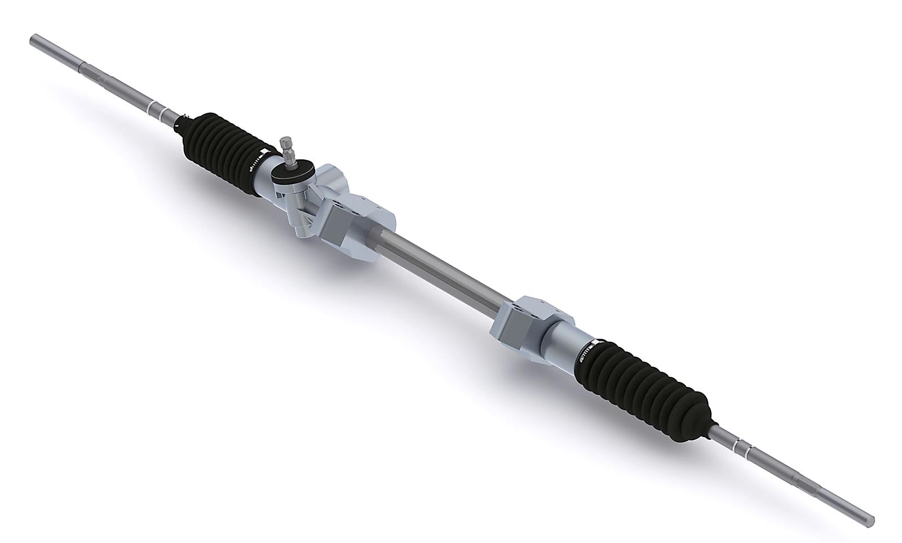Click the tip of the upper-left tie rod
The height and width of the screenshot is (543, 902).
33,39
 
